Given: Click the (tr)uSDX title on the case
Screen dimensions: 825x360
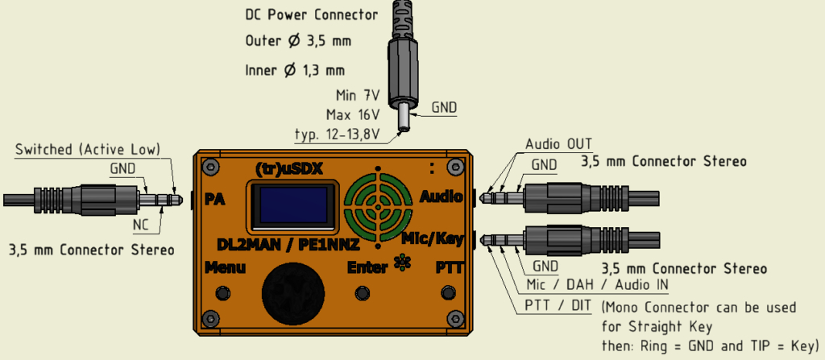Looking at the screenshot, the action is click(288, 168).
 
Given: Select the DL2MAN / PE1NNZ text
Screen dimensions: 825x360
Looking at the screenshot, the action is click(288, 244).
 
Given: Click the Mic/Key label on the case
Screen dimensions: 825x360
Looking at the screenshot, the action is click(433, 239).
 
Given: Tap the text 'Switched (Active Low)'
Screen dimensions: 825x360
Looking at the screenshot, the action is click(87, 150).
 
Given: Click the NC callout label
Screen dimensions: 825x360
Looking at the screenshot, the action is click(141, 226).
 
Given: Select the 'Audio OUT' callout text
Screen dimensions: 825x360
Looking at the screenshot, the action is click(559, 143).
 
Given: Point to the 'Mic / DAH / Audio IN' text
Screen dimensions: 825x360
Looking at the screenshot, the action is click(598, 285).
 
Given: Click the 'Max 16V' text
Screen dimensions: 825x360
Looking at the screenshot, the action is click(353, 114).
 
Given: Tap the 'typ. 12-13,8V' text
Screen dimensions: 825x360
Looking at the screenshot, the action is click(337, 134).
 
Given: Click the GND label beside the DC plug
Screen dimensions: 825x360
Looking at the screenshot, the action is click(444, 108).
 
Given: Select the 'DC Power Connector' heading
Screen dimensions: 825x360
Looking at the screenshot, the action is click(312, 14).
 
